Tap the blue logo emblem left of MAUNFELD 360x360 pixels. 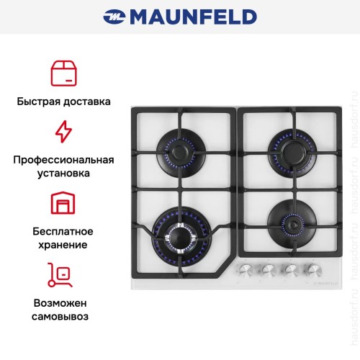115,16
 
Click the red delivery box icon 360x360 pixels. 63,73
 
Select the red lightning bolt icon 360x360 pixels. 63,132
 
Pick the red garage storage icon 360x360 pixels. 63,203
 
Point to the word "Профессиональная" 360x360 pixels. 63,159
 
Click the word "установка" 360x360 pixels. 63,174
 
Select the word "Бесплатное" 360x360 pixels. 63,231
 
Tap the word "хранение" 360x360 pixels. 63,245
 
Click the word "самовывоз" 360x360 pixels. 63,316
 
